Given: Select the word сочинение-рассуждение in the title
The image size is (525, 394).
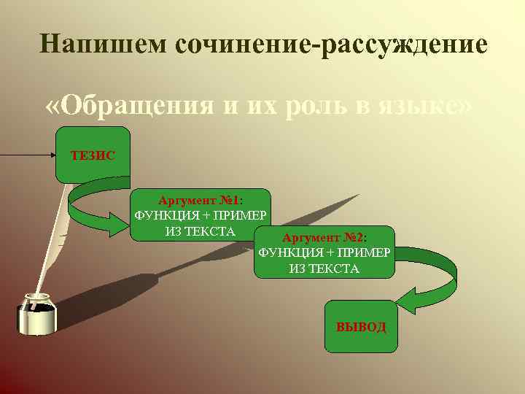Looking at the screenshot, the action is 331,45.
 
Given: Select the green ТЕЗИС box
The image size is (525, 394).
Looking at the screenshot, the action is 93,155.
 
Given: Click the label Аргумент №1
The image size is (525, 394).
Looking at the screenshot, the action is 201,200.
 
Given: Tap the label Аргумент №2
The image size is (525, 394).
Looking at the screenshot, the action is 324,238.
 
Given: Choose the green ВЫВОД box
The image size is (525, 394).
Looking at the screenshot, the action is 361,326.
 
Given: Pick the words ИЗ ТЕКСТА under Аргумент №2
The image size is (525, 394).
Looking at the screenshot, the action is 324,269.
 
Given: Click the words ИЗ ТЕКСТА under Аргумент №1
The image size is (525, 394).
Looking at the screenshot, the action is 201,231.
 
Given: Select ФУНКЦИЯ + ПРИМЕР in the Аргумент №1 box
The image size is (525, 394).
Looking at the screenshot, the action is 201,216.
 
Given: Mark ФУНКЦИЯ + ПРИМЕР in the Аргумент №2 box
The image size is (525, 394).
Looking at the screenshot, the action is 324,253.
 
